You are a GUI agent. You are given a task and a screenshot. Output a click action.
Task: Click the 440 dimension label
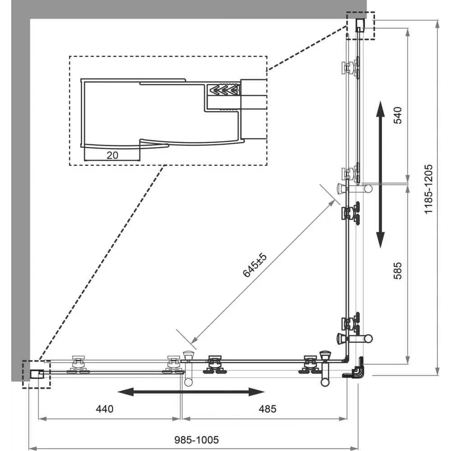105,409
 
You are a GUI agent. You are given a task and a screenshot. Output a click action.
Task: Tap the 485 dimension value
267,409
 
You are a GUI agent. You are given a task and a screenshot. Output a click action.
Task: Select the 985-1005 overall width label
197,440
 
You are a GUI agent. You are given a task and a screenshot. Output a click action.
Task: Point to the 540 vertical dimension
397,115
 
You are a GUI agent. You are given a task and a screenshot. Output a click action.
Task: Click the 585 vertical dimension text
397,270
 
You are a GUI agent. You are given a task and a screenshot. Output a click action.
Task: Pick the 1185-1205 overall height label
428,189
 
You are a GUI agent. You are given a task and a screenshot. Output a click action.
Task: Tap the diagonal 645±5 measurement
255,265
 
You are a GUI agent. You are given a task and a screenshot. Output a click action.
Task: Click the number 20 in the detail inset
112,155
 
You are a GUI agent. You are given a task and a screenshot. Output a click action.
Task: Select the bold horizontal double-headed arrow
191,391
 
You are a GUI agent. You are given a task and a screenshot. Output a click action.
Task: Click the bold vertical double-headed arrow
381,174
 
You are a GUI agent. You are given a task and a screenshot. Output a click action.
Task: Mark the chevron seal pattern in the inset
224,90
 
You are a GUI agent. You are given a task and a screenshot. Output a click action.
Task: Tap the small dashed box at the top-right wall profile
360,26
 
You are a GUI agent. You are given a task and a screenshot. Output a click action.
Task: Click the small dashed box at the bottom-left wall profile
36,374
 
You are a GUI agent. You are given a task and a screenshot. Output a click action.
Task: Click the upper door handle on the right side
354,189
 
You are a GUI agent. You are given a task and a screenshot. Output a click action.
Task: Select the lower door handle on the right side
354,338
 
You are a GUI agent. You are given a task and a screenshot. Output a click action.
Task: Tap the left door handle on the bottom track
189,368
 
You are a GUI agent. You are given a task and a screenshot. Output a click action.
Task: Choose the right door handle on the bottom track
325,368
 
